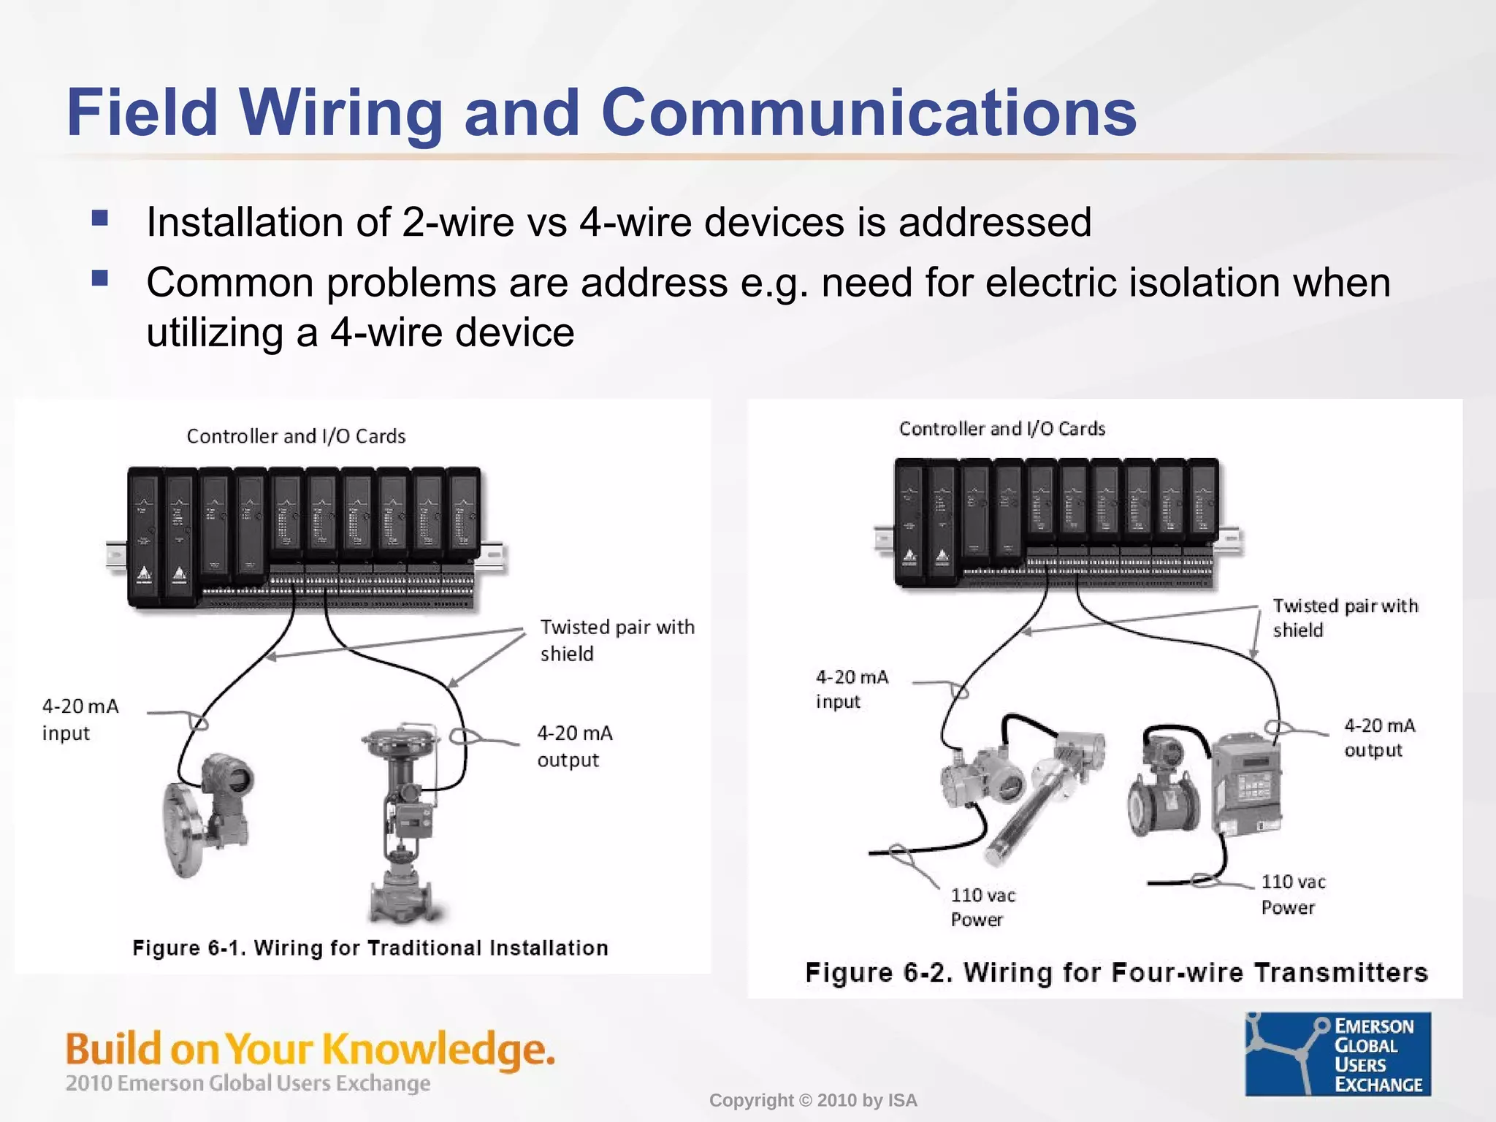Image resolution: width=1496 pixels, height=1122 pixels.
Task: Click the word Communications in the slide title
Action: pyautogui.click(x=869, y=112)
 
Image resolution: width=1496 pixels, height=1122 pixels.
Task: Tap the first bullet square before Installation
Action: pyautogui.click(x=100, y=218)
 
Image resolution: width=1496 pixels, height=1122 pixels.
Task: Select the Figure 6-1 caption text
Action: pyautogui.click(x=370, y=947)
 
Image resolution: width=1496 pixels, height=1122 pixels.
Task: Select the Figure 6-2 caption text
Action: pyautogui.click(x=1116, y=972)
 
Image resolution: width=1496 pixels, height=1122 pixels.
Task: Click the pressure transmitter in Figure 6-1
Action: pyautogui.click(x=208, y=814)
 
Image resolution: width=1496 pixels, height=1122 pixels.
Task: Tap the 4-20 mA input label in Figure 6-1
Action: pyautogui.click(x=80, y=720)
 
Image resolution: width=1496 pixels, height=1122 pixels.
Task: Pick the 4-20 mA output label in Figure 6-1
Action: pyautogui.click(x=575, y=747)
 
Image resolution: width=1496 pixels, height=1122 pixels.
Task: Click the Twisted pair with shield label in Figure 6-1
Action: pyautogui.click(x=617, y=640)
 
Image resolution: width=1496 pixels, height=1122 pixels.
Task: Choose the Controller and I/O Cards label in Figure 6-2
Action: pyautogui.click(x=1002, y=429)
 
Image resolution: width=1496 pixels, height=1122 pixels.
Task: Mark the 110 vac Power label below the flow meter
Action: pyautogui.click(x=1293, y=894)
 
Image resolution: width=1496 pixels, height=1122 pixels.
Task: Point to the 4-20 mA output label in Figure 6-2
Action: pyautogui.click(x=1380, y=738)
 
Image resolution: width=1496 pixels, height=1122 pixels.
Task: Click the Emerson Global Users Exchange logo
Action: pyautogui.click(x=1338, y=1053)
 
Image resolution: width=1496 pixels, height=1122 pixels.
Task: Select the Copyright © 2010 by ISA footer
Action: pyautogui.click(x=813, y=1100)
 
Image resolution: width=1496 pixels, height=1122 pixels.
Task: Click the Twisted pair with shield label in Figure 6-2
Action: pyautogui.click(x=1346, y=618)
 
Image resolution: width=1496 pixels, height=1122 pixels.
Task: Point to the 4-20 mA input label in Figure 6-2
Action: pyautogui.click(x=852, y=689)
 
